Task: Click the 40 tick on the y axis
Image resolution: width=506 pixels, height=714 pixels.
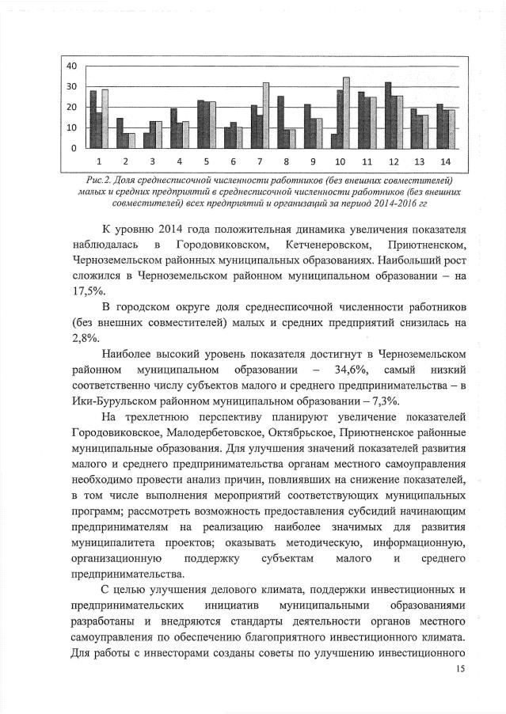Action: (70, 66)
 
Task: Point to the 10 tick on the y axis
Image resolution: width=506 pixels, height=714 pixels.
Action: (70, 127)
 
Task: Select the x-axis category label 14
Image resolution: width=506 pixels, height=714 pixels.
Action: (447, 161)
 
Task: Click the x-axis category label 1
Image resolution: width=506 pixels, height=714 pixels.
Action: (98, 161)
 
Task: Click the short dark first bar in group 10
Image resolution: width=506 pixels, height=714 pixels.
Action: (333, 140)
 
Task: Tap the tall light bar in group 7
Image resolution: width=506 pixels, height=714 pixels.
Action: (266, 115)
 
